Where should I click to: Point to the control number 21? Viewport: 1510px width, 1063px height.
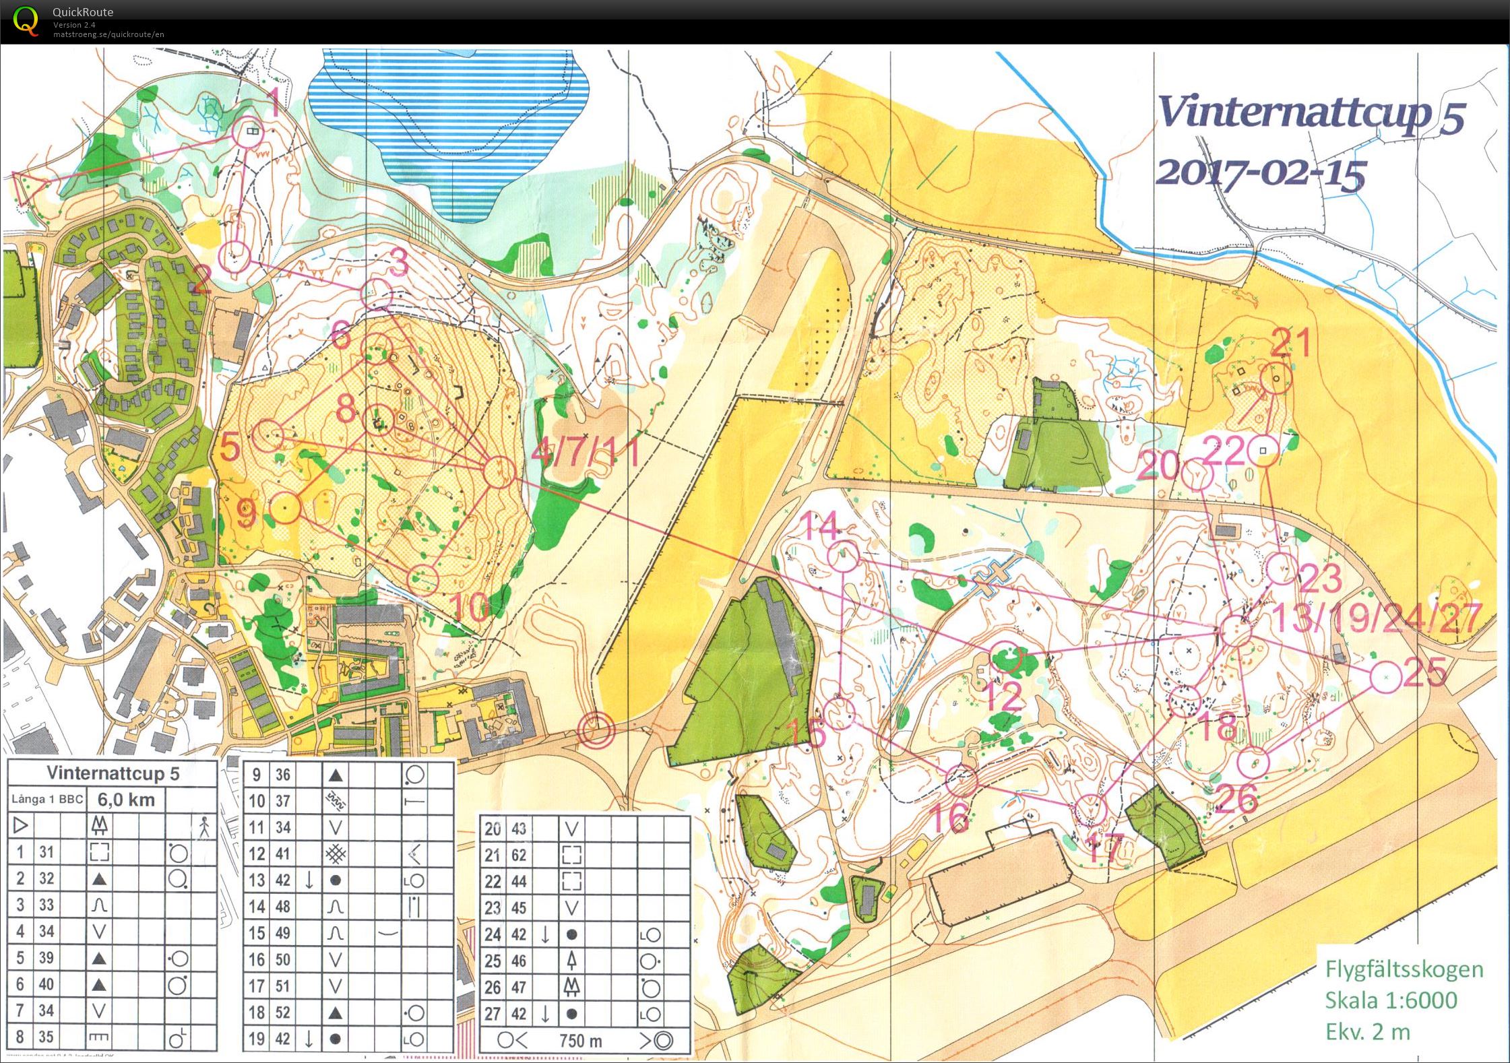click(1290, 342)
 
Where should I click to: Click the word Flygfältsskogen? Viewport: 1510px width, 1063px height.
click(1404, 969)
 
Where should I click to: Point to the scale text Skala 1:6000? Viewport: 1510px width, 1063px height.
click(1391, 1000)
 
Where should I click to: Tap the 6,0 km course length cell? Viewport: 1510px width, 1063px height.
click(126, 800)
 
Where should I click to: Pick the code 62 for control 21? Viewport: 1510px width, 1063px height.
click(518, 855)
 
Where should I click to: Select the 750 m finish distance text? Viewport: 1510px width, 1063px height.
click(580, 1041)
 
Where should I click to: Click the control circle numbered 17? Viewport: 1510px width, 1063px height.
click(1090, 809)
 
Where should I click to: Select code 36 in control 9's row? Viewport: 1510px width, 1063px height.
click(282, 775)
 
